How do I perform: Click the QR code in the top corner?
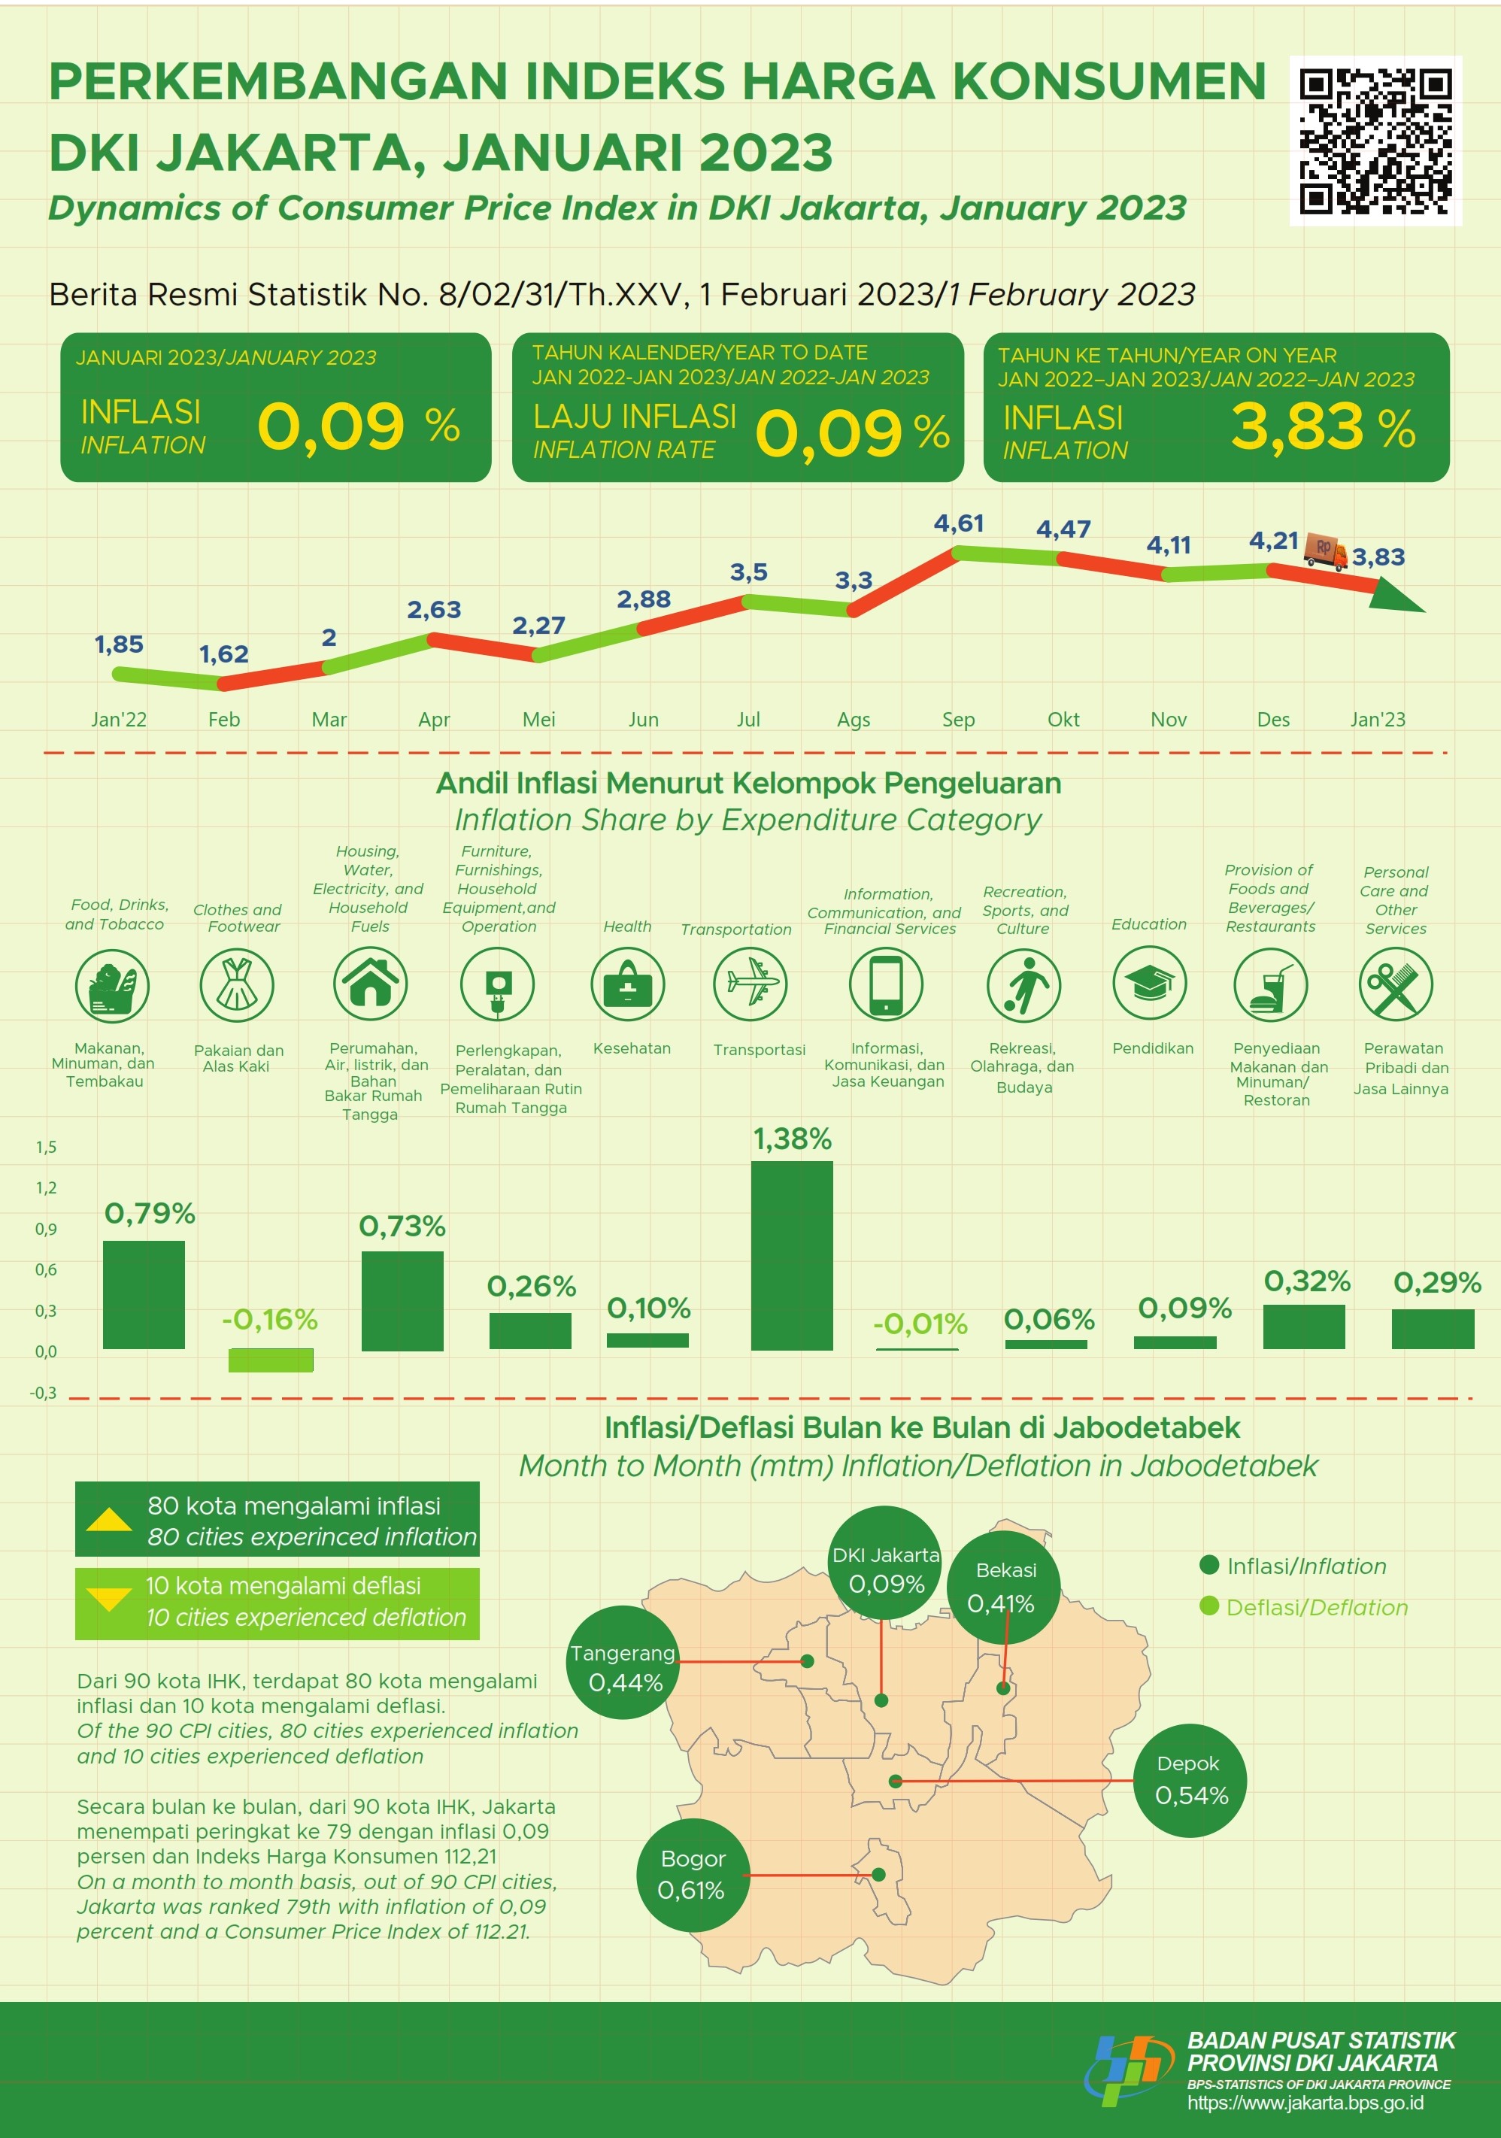(x=1375, y=141)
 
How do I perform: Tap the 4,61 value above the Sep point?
(x=958, y=523)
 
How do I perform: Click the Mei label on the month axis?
(x=538, y=719)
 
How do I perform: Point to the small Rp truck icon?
(x=1325, y=550)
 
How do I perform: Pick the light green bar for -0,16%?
(x=271, y=1360)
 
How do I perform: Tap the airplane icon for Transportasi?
(x=750, y=984)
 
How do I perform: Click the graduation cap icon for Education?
(x=1149, y=984)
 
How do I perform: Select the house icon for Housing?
(x=370, y=984)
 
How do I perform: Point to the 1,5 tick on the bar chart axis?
(x=46, y=1148)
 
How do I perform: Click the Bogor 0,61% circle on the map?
(x=693, y=1875)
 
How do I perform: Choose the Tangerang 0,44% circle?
(x=624, y=1668)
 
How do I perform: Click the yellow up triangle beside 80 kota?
(x=109, y=1520)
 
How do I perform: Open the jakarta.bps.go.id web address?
(x=1305, y=2103)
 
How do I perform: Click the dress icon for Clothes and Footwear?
(x=237, y=984)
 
